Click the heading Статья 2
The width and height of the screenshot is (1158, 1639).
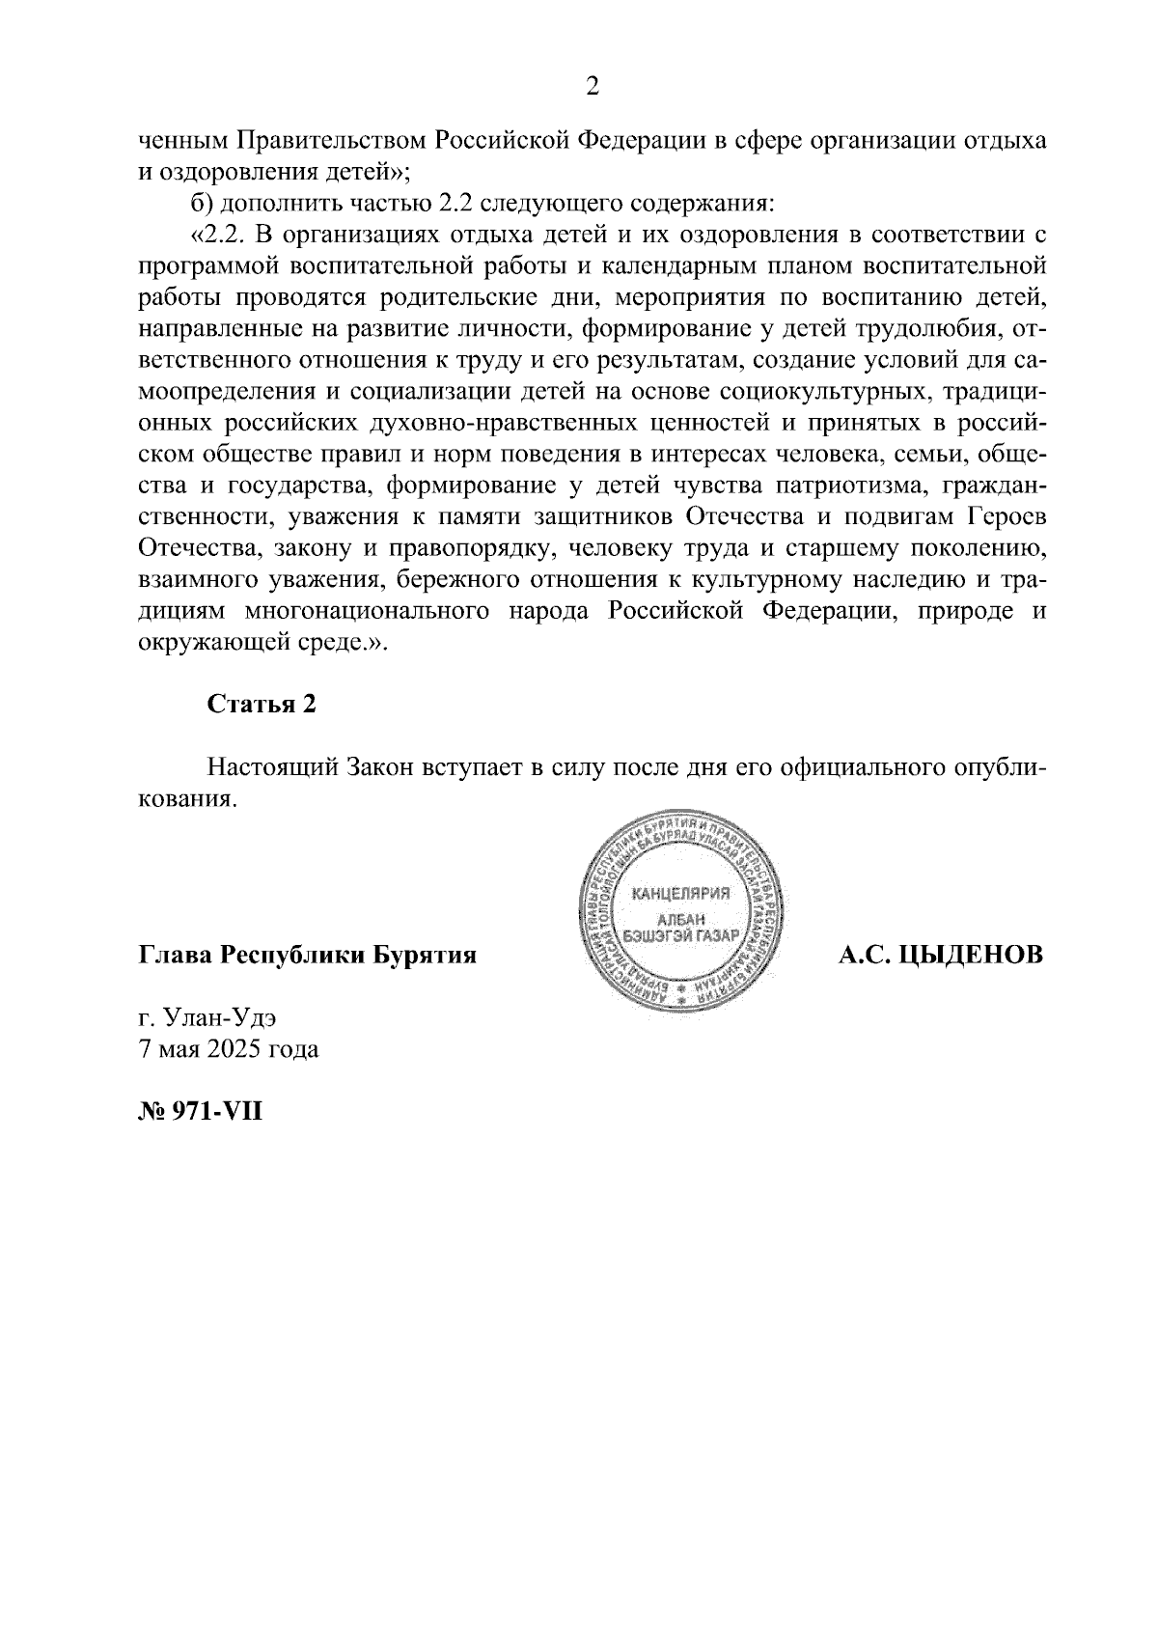click(262, 704)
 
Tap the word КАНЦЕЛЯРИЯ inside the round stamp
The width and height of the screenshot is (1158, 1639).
click(680, 892)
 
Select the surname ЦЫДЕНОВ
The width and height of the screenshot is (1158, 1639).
click(975, 956)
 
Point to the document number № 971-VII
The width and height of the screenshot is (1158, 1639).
click(201, 1111)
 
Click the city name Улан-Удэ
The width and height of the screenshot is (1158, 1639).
click(226, 1017)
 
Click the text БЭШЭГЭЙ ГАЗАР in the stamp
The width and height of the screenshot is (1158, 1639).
click(680, 935)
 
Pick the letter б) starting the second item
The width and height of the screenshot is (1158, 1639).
click(200, 205)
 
